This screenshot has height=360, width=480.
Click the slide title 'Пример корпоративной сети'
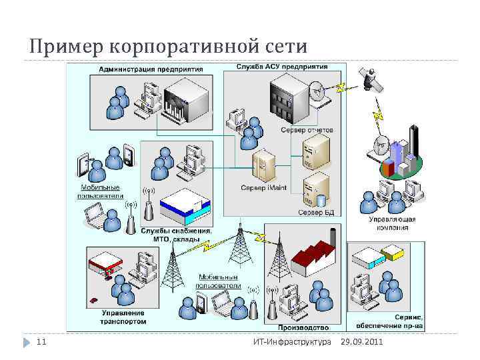pos(168,47)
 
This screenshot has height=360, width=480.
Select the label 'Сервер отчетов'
pos(307,129)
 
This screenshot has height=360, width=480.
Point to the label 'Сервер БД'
pos(315,213)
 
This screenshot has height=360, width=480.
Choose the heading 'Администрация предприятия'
pos(143,69)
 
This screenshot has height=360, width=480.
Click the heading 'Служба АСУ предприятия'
pos(282,67)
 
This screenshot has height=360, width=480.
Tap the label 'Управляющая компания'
pos(393,223)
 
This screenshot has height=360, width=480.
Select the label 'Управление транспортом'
pos(123,317)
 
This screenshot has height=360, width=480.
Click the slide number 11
pos(41,342)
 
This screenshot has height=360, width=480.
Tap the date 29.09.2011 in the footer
pos(361,342)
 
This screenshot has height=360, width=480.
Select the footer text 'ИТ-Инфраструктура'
pos(292,342)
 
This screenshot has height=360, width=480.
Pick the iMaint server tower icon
pos(264,167)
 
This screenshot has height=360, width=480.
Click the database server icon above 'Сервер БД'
pos(315,190)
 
